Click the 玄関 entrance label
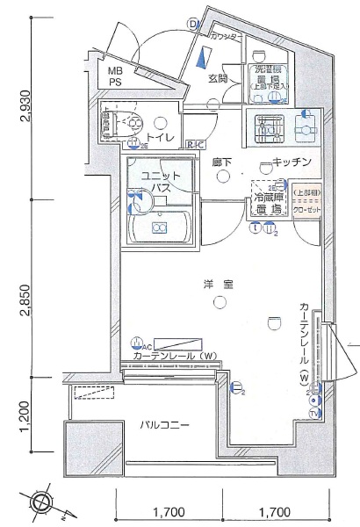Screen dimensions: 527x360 tap(218, 78)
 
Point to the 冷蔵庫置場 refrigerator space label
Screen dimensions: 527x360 tap(270, 203)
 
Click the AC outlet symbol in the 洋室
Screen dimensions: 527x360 tap(137, 343)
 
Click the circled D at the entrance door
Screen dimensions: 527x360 tap(192, 24)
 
